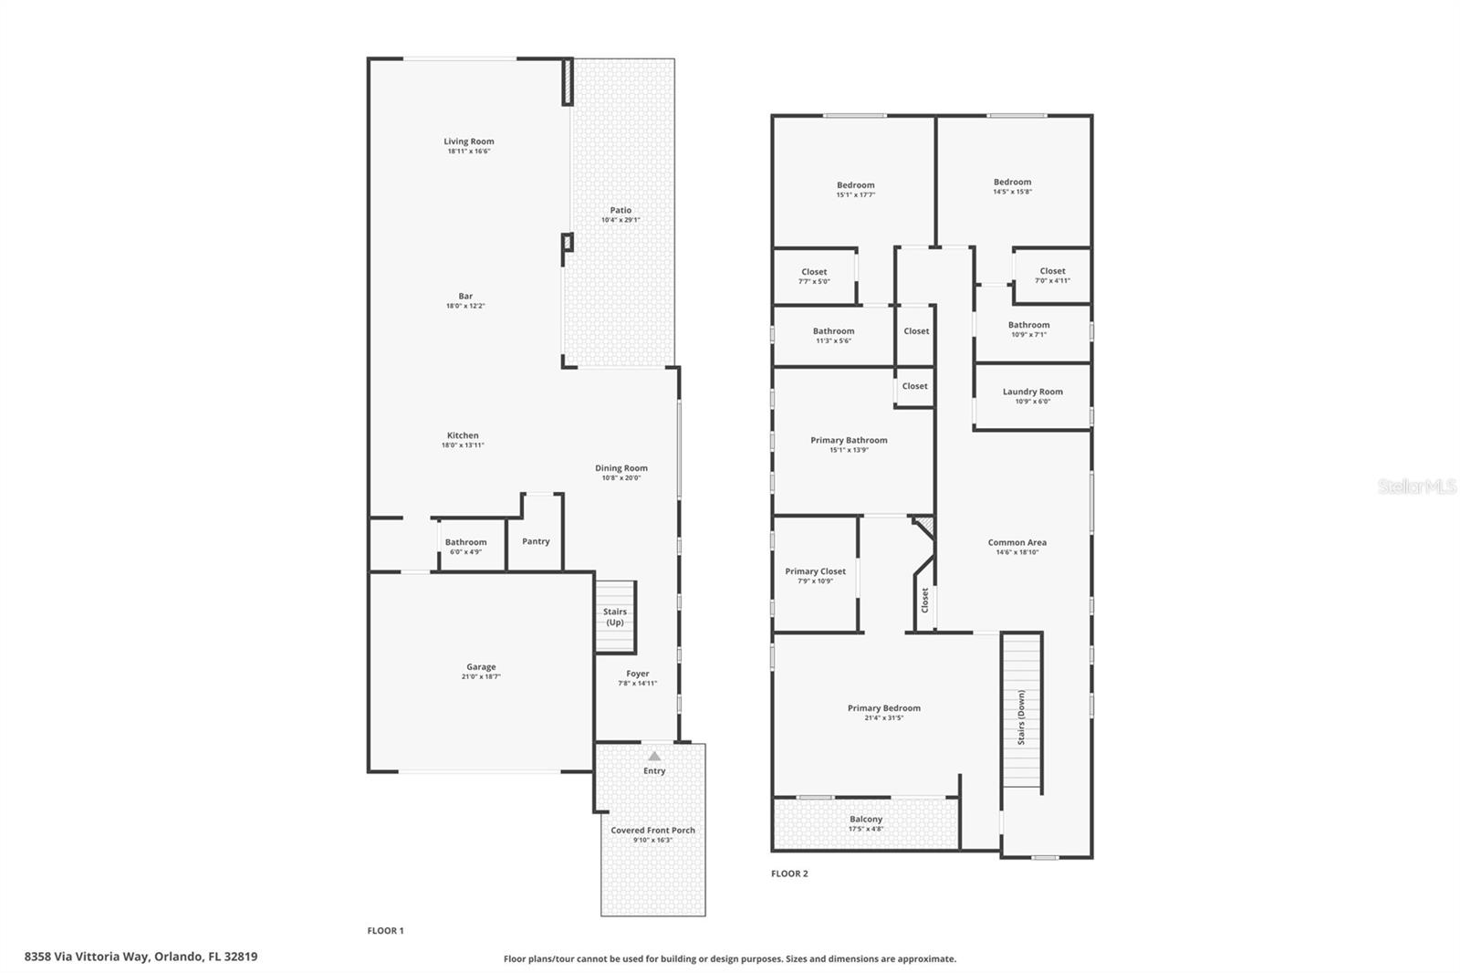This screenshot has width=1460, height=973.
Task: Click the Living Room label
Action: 468,141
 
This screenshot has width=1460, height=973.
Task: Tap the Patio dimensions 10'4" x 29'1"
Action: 620,220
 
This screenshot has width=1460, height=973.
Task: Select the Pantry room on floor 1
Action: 536,541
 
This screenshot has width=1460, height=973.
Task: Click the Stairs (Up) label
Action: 615,617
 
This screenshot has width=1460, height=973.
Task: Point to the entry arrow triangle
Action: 654,756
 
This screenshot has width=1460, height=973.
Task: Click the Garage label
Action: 481,667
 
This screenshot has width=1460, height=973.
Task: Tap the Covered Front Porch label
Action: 652,831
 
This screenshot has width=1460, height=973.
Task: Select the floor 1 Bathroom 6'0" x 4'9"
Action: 465,547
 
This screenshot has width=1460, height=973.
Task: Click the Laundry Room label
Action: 1032,392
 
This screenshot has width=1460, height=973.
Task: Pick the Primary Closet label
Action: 815,571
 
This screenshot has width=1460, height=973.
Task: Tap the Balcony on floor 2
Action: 865,820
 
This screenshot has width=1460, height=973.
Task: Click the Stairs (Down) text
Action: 1021,717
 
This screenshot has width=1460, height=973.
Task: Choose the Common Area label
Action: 1017,542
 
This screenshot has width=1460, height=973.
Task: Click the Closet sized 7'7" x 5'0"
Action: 814,276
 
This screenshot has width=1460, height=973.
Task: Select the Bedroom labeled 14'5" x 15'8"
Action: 1012,186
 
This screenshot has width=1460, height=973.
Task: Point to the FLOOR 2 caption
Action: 789,874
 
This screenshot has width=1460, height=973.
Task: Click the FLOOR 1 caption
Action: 385,931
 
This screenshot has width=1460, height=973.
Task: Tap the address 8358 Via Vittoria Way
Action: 141,957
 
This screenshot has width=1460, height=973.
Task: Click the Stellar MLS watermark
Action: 1416,487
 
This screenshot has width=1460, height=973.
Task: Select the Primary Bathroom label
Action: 849,440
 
